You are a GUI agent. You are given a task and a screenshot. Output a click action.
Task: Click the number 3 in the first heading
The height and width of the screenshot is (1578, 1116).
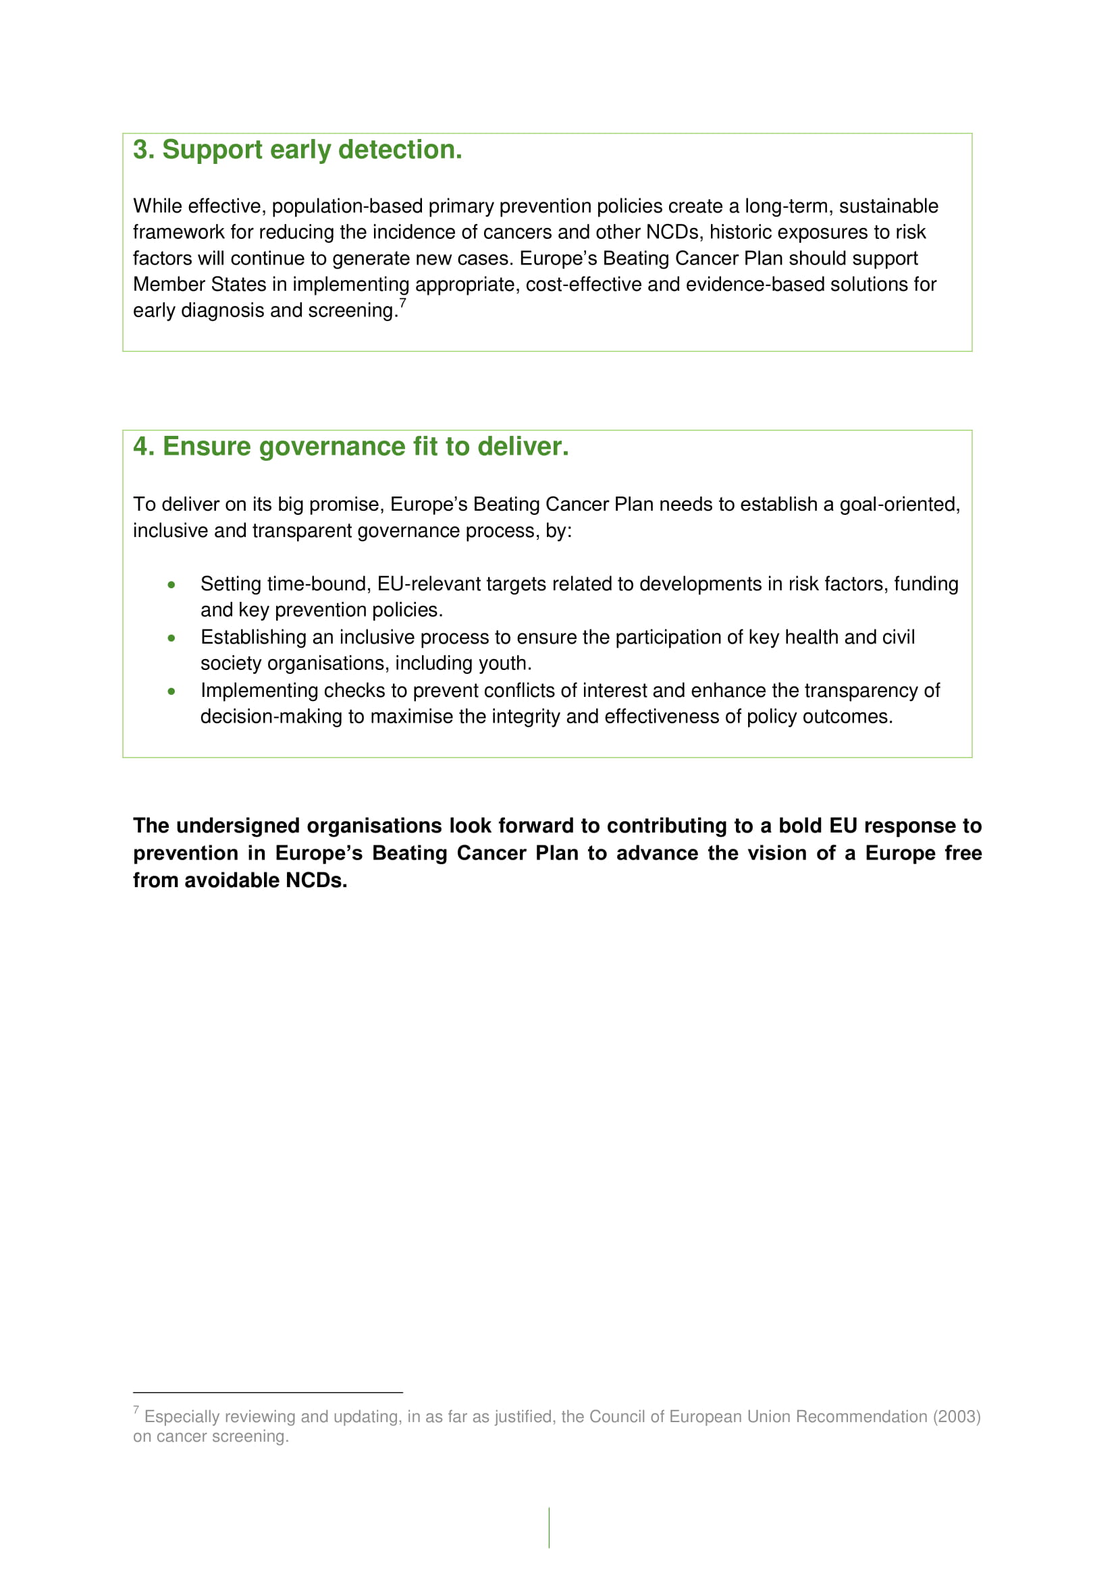pos(140,150)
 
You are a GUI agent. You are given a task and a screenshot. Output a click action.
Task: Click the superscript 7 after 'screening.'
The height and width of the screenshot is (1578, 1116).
pos(403,303)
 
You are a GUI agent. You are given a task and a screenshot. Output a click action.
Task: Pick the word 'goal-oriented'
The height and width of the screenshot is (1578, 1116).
pos(899,505)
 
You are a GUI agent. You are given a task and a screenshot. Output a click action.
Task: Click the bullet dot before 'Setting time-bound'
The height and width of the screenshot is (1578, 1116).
pos(171,585)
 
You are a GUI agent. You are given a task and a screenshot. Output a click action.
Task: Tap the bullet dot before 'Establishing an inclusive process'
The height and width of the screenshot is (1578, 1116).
pos(171,638)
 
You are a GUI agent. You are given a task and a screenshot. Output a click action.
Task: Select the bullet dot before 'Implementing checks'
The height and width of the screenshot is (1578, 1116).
pos(171,692)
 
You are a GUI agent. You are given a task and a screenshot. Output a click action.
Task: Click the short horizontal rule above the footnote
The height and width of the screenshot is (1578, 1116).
pos(267,1392)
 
